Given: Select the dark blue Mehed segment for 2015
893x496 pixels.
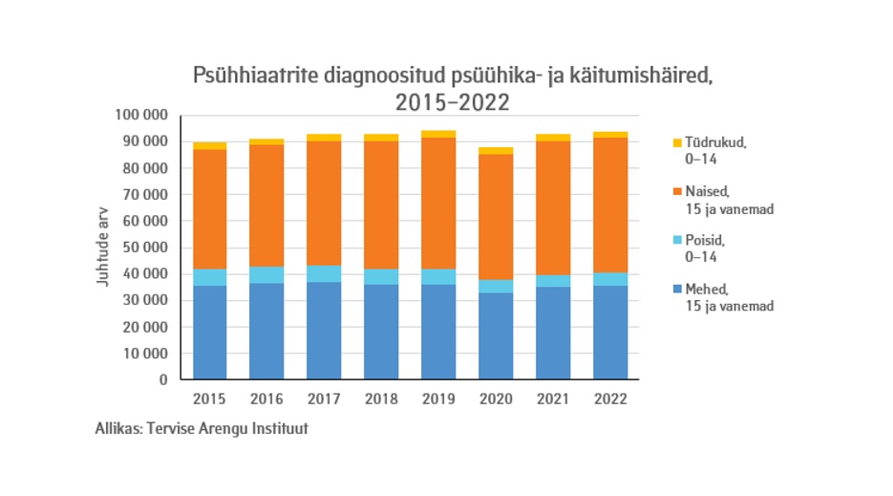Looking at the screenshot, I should pos(210,332).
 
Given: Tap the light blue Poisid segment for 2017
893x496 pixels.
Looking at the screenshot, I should pos(325,273).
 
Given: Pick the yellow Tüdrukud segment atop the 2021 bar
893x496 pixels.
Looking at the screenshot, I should pos(554,138).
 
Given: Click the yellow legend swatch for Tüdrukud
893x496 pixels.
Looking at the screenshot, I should pos(677,142).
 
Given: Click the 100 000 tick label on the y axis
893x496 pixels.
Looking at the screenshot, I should pos(141,116).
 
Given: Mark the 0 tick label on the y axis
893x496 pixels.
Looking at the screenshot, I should pos(163,379).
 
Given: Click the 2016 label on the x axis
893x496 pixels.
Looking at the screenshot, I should pos(267,399).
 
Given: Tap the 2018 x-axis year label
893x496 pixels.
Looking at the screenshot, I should pos(382,399).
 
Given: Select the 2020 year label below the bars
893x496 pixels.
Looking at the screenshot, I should pos(497,399).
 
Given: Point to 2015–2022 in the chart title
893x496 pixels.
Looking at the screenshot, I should pos(452,100).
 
